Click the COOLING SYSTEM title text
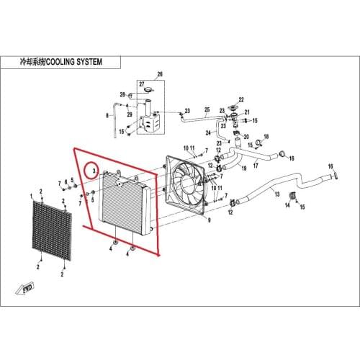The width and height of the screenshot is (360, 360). click(73, 62)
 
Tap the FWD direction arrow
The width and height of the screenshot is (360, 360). click(24, 287)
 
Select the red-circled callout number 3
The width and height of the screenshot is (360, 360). click(94, 171)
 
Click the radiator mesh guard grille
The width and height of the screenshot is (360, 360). click(52, 230)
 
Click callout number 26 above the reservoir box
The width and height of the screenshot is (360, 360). click(160, 74)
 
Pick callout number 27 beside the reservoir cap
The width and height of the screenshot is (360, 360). click(142, 84)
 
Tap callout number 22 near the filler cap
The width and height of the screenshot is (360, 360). click(241, 99)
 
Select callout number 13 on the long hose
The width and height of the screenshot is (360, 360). click(277, 194)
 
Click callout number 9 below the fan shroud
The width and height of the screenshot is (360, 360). click(210, 220)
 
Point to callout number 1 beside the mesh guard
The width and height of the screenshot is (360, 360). click(31, 197)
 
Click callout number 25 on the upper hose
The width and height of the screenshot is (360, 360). click(207, 109)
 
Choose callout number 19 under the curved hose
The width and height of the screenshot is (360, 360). click(244, 168)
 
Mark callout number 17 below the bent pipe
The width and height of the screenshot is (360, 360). click(256, 166)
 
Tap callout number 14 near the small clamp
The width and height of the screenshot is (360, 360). click(287, 205)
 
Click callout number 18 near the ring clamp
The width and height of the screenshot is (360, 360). click(266, 137)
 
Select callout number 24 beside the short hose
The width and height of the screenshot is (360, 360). click(208, 132)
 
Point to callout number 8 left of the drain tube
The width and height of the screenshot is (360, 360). click(107, 116)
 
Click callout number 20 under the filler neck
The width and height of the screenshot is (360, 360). click(246, 137)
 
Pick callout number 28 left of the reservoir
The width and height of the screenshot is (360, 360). click(122, 94)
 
